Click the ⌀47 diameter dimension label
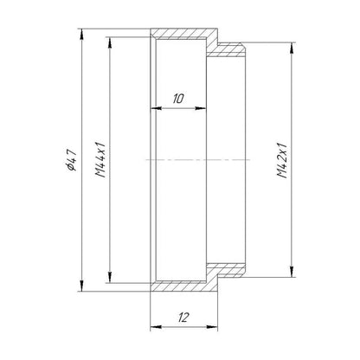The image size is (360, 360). point(71,160)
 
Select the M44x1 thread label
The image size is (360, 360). point(100,160)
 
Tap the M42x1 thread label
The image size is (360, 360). point(282,160)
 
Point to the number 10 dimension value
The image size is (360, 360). point(178,99)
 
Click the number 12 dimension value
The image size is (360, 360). point(183,318)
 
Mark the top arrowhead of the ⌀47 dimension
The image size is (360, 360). point(82,34)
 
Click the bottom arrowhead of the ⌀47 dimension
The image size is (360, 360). point(82,286)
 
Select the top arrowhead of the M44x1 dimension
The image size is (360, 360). point(110,42)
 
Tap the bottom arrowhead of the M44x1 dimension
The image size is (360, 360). point(110,278)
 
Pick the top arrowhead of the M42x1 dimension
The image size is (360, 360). point(292,48)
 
